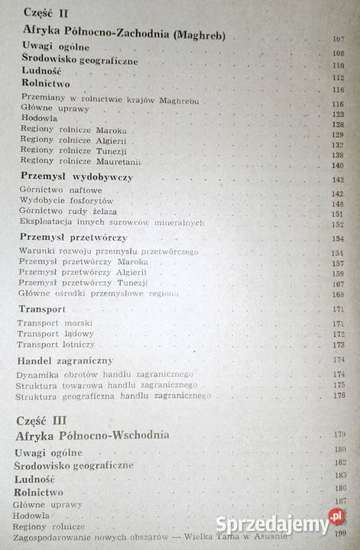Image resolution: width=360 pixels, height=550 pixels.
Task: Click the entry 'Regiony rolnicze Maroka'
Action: pyautogui.click(x=73, y=130)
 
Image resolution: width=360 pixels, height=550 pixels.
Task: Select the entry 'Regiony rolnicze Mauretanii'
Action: pyautogui.click(x=81, y=161)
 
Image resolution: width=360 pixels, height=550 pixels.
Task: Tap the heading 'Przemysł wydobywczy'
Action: pyautogui.click(x=76, y=177)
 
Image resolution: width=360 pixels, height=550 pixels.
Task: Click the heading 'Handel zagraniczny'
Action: pyautogui.click(x=65, y=361)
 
